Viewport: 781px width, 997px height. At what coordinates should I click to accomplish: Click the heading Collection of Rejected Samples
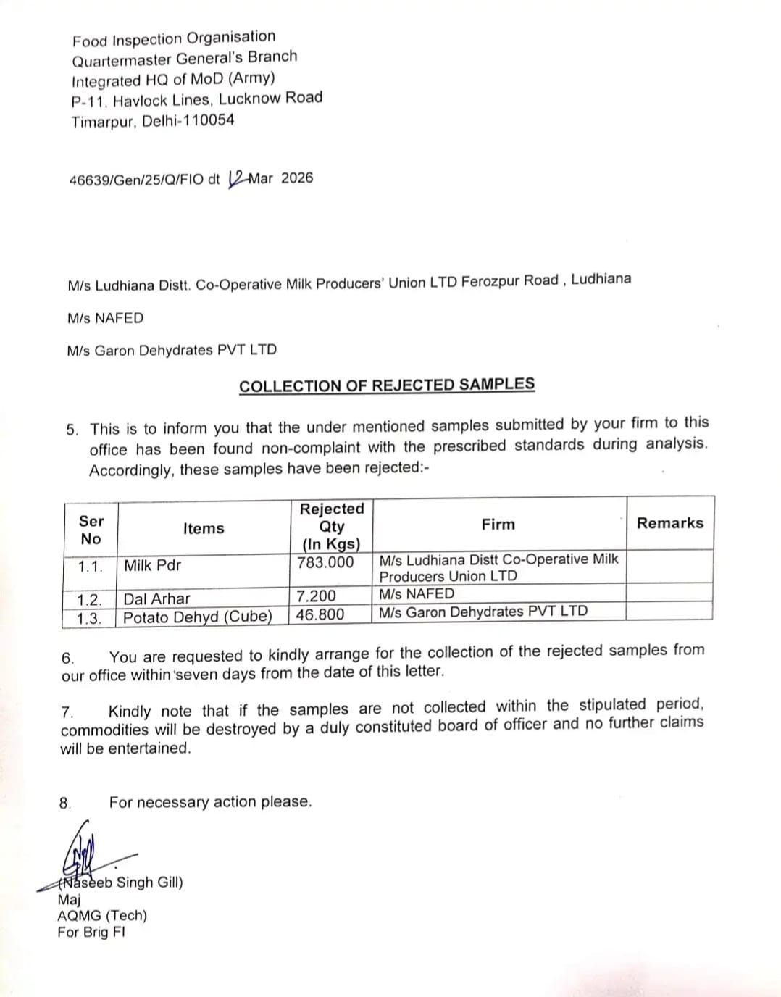tap(387, 385)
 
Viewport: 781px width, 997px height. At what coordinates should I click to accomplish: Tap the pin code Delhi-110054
tap(188, 120)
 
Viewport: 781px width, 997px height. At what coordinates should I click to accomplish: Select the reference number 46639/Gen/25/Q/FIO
tap(136, 180)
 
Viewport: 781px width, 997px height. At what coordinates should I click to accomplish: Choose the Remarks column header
tap(669, 523)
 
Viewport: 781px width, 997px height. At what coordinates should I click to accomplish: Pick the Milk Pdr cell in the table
tap(152, 565)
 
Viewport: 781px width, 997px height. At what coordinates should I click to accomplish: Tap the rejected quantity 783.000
tap(325, 562)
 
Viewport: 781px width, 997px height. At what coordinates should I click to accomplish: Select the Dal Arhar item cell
tap(156, 598)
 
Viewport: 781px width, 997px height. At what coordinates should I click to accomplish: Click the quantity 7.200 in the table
tap(316, 596)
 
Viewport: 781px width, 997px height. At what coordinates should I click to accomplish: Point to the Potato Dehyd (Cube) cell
tap(197, 617)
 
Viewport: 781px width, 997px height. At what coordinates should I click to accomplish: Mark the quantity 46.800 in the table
tap(320, 614)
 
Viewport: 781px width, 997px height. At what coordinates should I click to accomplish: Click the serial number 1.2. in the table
tap(90, 600)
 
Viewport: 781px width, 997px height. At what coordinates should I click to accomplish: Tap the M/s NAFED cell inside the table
tap(417, 594)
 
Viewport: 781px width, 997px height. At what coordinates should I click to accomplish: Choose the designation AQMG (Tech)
tap(102, 915)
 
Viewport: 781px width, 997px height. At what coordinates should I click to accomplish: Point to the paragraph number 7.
tap(67, 712)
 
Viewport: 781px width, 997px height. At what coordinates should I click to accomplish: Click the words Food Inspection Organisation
tap(174, 38)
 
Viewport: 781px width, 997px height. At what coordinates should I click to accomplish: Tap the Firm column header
tap(498, 524)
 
